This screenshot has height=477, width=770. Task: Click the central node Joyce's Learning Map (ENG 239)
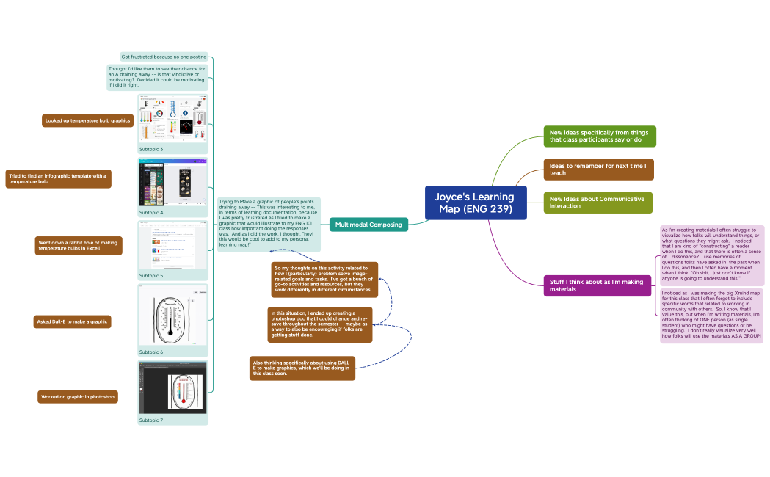[x=476, y=203]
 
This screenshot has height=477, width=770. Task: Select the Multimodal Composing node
[x=368, y=225]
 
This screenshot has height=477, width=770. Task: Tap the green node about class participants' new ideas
[x=599, y=136]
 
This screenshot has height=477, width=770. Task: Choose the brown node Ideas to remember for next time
[x=598, y=170]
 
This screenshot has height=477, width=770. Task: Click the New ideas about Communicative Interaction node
[x=598, y=203]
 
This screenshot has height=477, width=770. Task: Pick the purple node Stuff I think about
[x=597, y=285]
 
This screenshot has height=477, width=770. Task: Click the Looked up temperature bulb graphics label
[x=87, y=120]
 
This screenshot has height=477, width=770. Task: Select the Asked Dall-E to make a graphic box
[x=73, y=321]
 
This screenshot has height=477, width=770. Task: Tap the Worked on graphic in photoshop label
[x=78, y=397]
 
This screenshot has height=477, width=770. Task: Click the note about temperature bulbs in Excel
[x=78, y=246]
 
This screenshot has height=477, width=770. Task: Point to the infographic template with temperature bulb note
[x=59, y=179]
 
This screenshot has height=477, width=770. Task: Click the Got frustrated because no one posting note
[x=164, y=57]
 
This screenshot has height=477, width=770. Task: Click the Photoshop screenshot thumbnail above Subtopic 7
[x=173, y=387]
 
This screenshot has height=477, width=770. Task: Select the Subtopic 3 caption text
[x=151, y=149]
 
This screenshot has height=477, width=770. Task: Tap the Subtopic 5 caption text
[x=151, y=276]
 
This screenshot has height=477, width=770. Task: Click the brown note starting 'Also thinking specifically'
[x=302, y=368]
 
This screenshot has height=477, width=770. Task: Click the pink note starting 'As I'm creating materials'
[x=712, y=255]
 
